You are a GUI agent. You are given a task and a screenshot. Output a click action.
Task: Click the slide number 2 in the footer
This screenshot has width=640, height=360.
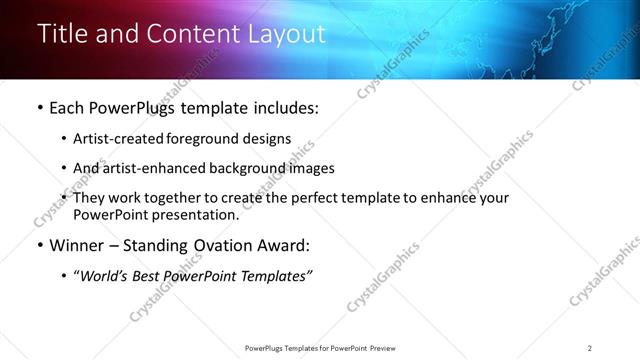tap(590, 348)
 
